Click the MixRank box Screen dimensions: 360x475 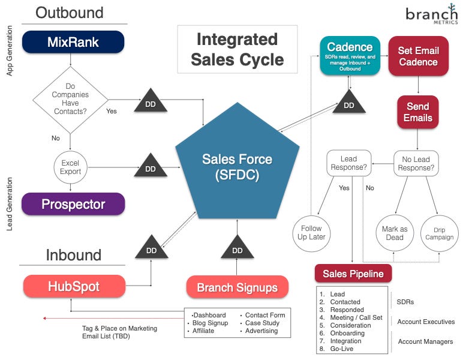click(x=73, y=42)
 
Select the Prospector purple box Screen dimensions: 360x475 click(x=73, y=204)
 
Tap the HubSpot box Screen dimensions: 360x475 click(x=74, y=286)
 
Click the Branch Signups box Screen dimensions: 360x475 click(x=237, y=287)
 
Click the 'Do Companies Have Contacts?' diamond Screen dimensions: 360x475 click(x=70, y=99)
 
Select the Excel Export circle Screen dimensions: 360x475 click(x=70, y=167)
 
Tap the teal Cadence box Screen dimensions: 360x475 click(x=350, y=56)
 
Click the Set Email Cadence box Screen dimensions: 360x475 click(x=418, y=56)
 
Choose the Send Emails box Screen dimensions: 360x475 click(x=417, y=112)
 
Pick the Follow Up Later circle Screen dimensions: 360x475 click(x=311, y=233)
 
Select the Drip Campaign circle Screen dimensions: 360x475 click(x=440, y=233)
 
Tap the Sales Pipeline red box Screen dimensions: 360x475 click(x=353, y=274)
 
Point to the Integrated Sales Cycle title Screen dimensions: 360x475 click(x=237, y=49)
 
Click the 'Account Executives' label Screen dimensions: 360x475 click(x=426, y=322)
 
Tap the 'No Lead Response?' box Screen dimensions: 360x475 click(x=417, y=164)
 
